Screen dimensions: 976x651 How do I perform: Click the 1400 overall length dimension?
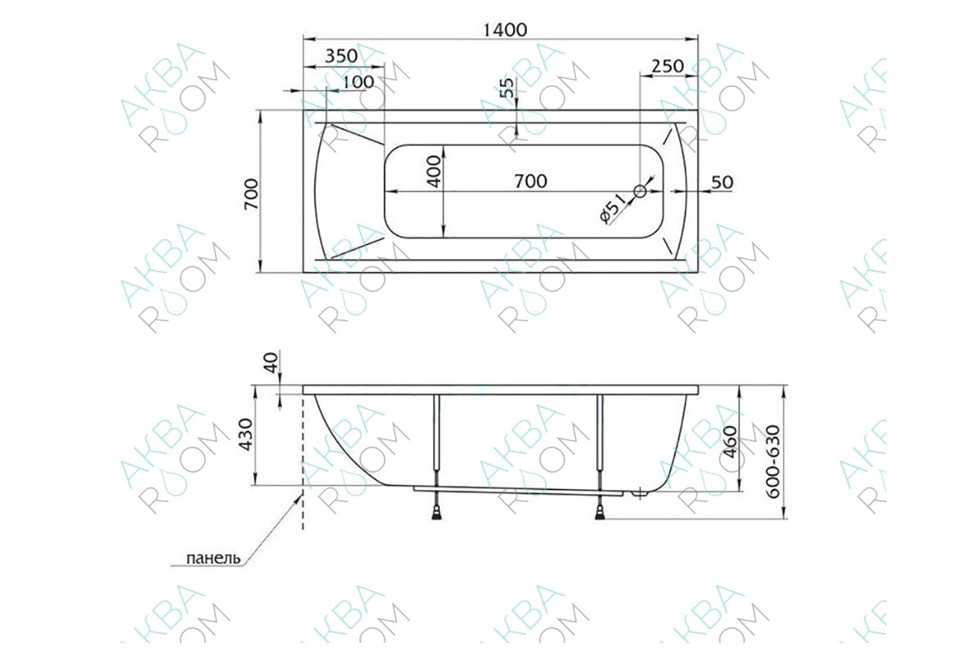[505, 29]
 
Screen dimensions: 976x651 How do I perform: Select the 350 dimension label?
[342, 56]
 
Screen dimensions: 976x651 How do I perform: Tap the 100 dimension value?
[359, 82]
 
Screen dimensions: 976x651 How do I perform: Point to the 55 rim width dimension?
[506, 88]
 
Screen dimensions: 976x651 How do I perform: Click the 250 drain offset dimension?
[668, 66]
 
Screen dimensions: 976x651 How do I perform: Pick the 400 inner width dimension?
[434, 171]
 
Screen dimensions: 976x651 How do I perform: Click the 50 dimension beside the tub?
[722, 182]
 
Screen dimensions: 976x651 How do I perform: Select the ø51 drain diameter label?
[612, 209]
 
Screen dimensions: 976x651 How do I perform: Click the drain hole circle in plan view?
[640, 191]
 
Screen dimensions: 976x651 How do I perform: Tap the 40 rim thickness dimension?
[272, 363]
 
